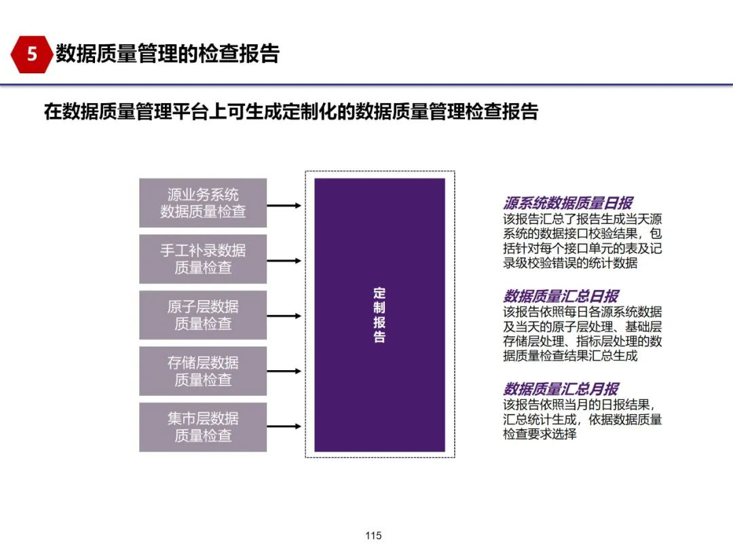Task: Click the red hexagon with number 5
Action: pyautogui.click(x=32, y=54)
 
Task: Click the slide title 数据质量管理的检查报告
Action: pyautogui.click(x=167, y=54)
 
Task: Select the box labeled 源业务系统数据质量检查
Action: pyautogui.click(x=203, y=203)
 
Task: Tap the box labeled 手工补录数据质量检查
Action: pyautogui.click(x=203, y=259)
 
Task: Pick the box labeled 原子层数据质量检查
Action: pyautogui.click(x=203, y=315)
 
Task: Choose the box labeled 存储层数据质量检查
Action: pyautogui.click(x=203, y=371)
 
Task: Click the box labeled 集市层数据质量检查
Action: pyautogui.click(x=203, y=427)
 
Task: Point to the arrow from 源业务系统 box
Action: pyautogui.click(x=284, y=204)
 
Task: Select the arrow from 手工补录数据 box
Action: pyautogui.click(x=284, y=260)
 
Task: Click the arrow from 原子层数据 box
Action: pyautogui.click(x=284, y=316)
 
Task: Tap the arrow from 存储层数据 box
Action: pyautogui.click(x=284, y=371)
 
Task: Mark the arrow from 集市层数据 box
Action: pyautogui.click(x=284, y=427)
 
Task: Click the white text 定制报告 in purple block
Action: pyautogui.click(x=379, y=314)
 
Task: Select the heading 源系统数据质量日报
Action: pyautogui.click(x=567, y=202)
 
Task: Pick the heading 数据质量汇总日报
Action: pyautogui.click(x=561, y=296)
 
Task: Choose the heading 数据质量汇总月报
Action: pyautogui.click(x=561, y=389)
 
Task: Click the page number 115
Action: pyautogui.click(x=373, y=536)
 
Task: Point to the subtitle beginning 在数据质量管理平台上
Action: pyautogui.click(x=290, y=111)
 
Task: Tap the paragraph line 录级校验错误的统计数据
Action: pyautogui.click(x=570, y=263)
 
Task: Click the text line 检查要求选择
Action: pyautogui.click(x=540, y=434)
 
